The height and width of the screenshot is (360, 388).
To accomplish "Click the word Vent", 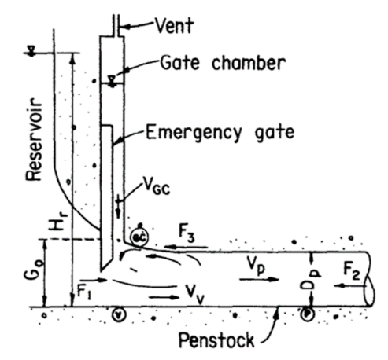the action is [175, 25].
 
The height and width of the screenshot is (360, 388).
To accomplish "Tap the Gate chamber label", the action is [223, 63].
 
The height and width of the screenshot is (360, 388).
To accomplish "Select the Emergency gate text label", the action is [220, 133].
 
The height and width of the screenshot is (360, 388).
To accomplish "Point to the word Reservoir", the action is [34, 139].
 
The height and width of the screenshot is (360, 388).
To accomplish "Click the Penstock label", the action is [216, 340].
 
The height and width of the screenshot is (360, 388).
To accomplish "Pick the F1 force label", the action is [84, 292].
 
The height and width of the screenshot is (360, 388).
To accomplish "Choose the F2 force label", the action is [352, 272].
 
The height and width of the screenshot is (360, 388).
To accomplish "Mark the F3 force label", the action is [187, 233].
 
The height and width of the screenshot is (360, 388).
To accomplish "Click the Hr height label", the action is [58, 222].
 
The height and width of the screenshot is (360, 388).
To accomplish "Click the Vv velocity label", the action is [194, 294].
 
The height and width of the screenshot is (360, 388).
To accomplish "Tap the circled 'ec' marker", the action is [139, 237].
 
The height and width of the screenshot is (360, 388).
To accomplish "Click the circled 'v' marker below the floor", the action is [119, 314].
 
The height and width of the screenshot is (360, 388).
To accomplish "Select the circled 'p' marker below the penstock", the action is [306, 314].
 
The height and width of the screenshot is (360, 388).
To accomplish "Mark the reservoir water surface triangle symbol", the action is [31, 50].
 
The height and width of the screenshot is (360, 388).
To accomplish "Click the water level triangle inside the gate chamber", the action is [113, 81].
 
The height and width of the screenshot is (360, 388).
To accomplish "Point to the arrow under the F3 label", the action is [187, 247].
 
